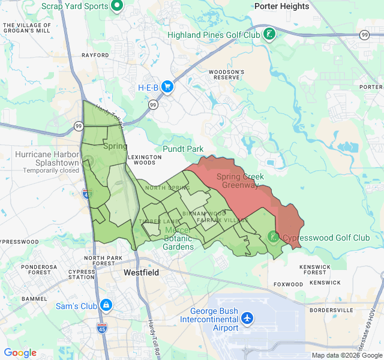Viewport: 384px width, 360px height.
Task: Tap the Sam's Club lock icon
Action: coord(106,305)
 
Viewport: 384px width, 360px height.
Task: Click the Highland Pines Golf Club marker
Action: coord(270,34)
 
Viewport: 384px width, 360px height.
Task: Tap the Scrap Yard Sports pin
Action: coord(117,7)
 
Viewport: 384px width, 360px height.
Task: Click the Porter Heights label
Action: coord(281,7)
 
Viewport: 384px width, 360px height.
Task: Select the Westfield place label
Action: coord(142,272)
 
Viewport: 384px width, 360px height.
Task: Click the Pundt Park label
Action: coord(183,149)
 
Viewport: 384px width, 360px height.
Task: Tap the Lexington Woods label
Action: coord(145,160)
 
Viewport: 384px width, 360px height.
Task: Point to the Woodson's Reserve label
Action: coord(226,75)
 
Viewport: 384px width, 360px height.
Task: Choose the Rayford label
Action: coord(95,55)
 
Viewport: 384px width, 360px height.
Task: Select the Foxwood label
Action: coord(288,284)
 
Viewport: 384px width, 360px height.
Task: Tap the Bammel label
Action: coord(33,298)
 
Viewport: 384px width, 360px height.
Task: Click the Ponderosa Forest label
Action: coord(35,269)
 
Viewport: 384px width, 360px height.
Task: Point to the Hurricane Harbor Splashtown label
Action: coord(47,158)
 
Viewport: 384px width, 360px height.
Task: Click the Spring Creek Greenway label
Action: coord(241,181)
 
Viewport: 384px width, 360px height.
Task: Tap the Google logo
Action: coord(20,353)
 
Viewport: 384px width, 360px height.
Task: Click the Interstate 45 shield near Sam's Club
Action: coord(102,328)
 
